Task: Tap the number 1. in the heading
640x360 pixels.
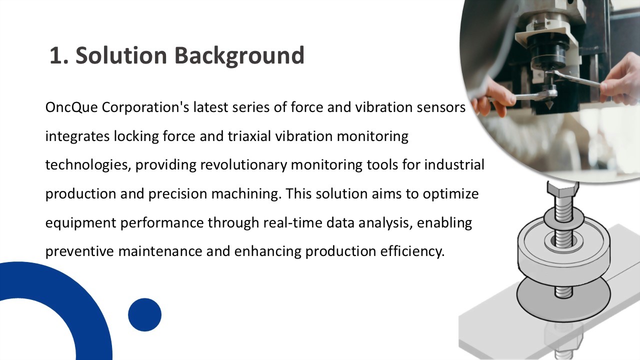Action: click(59, 55)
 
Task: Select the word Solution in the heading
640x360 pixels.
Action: click(121, 54)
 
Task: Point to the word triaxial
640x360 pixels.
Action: click(249, 136)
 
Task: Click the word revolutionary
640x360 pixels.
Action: click(243, 165)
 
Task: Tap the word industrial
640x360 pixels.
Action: click(454, 164)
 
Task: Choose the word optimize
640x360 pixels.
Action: click(451, 193)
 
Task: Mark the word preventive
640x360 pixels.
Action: click(79, 251)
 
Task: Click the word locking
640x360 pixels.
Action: click(136, 136)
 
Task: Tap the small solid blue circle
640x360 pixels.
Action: click(144, 314)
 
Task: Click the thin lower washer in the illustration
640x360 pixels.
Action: click(563, 297)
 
